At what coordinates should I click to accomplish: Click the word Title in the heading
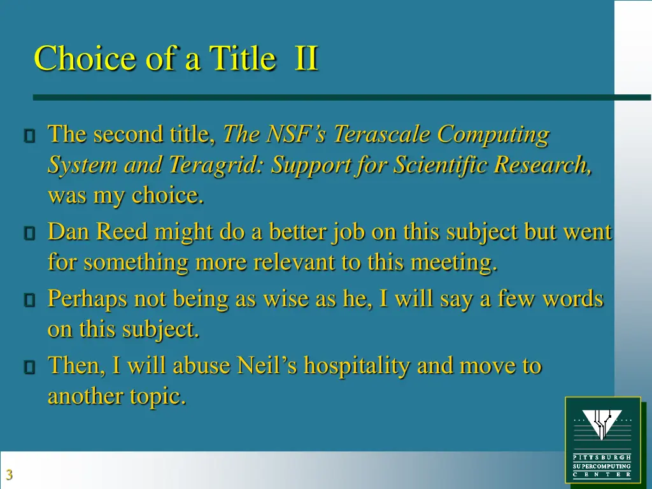coord(243,59)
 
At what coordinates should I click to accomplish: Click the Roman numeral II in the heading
coord(306,59)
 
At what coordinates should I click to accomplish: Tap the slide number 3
coord(9,474)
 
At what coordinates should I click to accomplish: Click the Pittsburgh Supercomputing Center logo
coord(602,439)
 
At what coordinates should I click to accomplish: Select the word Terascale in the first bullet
coord(381,134)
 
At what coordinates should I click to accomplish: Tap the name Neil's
coord(267,365)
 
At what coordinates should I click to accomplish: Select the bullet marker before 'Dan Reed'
coord(29,234)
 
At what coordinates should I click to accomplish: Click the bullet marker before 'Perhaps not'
coord(29,300)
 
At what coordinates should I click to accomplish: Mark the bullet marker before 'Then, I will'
coord(29,367)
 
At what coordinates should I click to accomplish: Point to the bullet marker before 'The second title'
coord(29,136)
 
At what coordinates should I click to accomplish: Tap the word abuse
coord(202,365)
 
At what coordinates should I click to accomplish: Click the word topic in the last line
coord(158,396)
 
